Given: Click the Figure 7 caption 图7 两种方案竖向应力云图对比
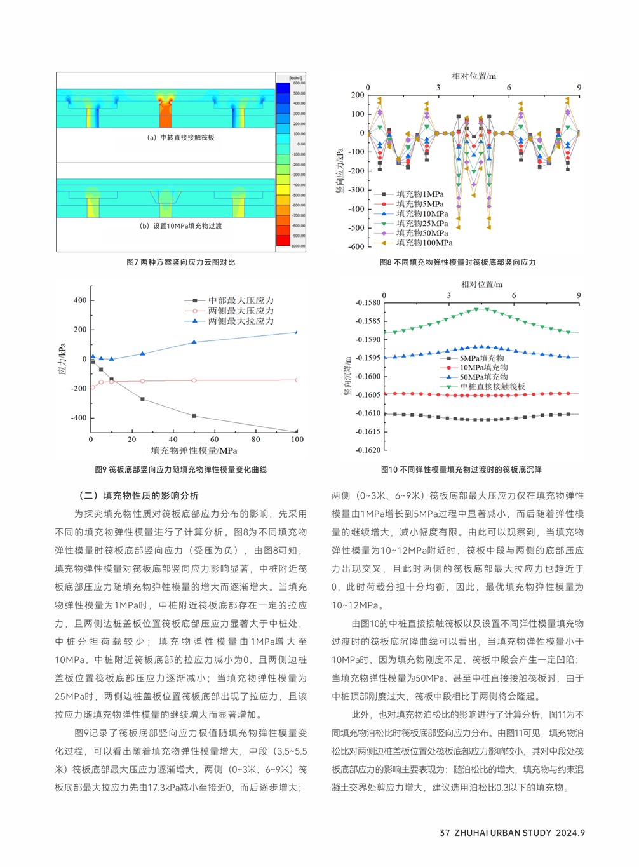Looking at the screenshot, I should [x=180, y=262].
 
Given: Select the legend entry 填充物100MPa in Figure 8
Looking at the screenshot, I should [x=424, y=243].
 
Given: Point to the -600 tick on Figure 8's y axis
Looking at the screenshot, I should [x=357, y=246].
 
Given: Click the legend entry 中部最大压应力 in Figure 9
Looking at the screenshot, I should [x=241, y=300].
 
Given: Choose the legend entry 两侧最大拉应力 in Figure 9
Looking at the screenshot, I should [x=241, y=321].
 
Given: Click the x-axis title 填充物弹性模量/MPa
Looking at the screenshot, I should [x=194, y=451].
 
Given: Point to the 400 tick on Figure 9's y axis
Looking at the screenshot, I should [x=80, y=300].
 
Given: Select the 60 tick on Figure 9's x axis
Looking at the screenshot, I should [x=215, y=440].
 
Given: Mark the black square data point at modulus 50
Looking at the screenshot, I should [x=194, y=416].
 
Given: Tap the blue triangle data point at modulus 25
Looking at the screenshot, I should [x=142, y=354].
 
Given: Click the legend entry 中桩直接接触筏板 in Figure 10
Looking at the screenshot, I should [x=492, y=386].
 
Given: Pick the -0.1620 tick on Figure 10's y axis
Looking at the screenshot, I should [x=368, y=450].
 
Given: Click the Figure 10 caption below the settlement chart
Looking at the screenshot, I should [x=461, y=470].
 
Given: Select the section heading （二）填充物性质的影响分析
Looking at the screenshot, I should [x=138, y=495].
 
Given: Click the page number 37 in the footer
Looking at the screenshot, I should [x=445, y=833].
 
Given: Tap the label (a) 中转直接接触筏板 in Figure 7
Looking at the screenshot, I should [x=180, y=137].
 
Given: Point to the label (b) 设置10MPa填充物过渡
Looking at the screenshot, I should [x=180, y=225].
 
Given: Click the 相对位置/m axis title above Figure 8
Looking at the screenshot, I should [x=473, y=76].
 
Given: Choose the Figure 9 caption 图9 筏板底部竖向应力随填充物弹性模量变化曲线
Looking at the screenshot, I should [x=180, y=470].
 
